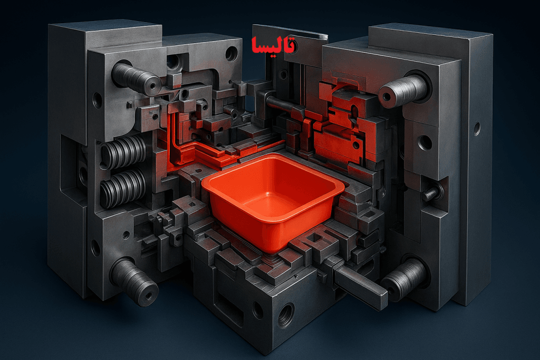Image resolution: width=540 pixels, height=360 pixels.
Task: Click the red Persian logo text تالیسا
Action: (273, 45)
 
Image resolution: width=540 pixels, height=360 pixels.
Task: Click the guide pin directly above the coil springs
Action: (136, 79)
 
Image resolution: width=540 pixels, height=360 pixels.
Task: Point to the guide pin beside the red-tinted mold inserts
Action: (403, 90)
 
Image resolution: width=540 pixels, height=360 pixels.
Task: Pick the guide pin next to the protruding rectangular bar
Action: (404, 279)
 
